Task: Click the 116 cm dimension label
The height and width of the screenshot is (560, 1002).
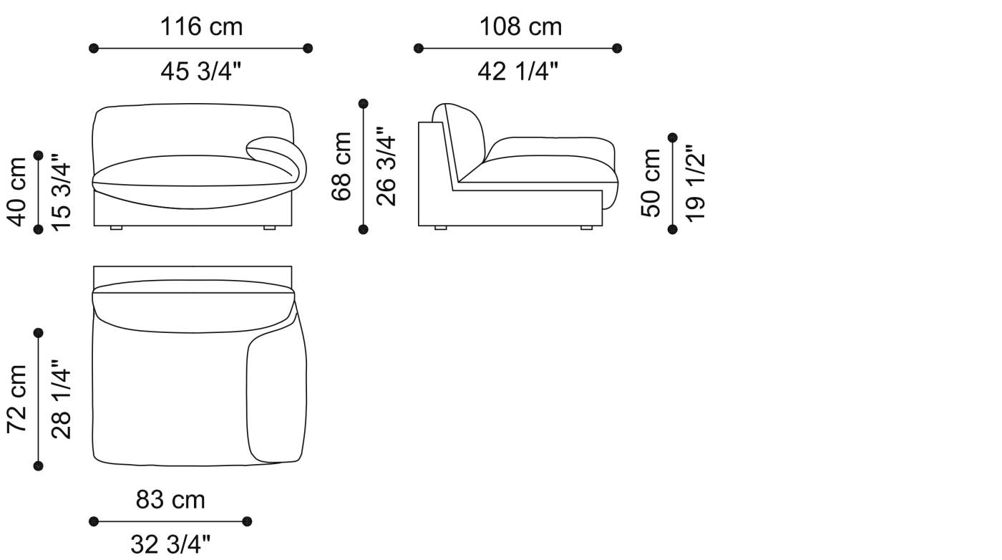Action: [x=201, y=26]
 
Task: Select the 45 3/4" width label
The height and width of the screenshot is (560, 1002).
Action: [x=201, y=71]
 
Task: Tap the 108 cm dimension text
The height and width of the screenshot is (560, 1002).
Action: [x=520, y=26]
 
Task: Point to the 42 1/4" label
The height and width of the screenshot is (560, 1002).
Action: [x=517, y=71]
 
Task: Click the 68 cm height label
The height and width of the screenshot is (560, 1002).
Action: [x=342, y=166]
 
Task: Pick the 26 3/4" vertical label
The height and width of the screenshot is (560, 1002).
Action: [x=386, y=166]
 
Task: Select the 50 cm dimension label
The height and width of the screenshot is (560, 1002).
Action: [x=651, y=183]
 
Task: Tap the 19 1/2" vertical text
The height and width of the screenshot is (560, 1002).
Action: [x=695, y=183]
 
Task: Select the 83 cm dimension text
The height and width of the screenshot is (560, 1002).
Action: [x=170, y=499]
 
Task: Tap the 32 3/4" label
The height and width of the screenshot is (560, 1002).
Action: [x=170, y=544]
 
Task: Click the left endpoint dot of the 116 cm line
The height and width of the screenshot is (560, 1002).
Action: [x=94, y=49]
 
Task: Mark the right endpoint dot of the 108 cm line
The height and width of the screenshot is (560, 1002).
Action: [x=618, y=49]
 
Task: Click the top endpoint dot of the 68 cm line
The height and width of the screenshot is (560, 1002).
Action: [x=364, y=104]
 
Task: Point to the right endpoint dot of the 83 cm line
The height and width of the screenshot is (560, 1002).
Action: [x=247, y=521]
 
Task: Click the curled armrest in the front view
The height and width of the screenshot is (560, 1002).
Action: [x=283, y=155]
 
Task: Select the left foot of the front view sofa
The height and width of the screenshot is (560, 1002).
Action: [x=116, y=228]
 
